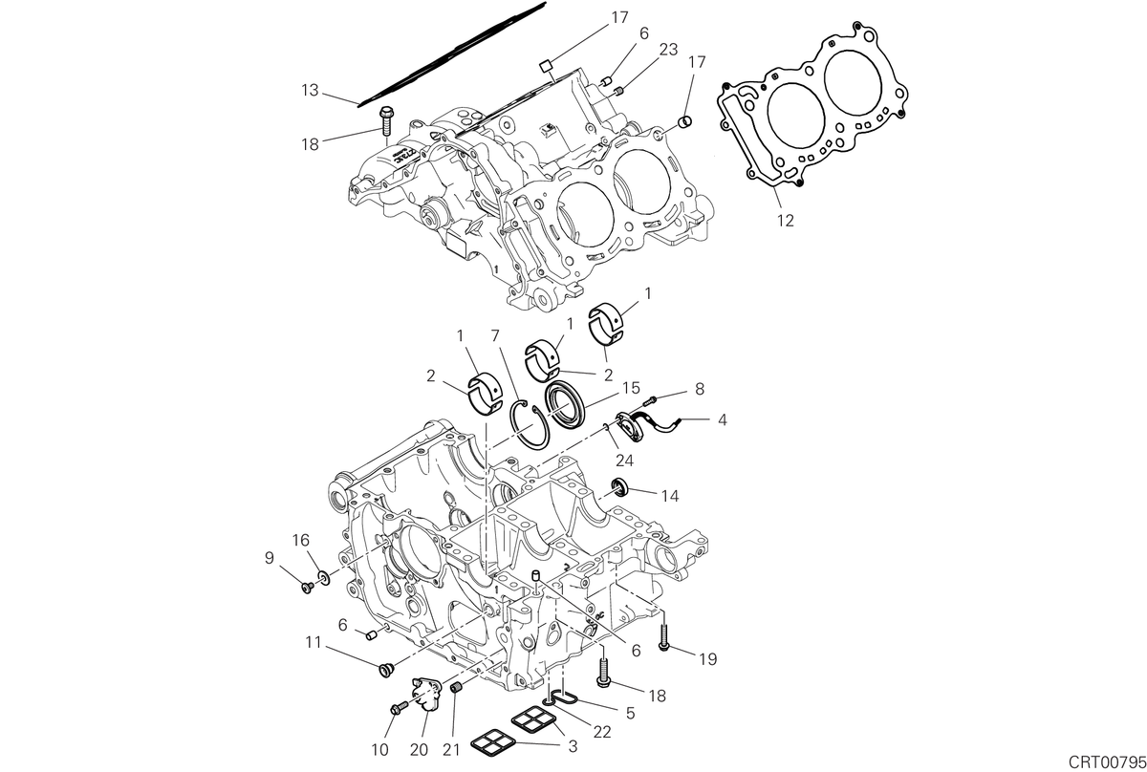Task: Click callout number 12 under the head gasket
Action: pos(785,221)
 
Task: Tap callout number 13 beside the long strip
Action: pos(310,90)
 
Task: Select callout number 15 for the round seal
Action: pos(631,388)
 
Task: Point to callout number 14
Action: pos(670,496)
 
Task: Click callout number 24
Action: pos(624,461)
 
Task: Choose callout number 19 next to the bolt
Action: pos(708,659)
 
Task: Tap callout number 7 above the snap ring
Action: pos(495,335)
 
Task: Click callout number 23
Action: pos(669,49)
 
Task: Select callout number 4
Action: pos(723,419)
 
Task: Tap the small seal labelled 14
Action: pos(620,486)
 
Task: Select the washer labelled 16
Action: pos(324,579)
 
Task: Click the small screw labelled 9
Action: pos(308,588)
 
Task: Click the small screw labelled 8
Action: pos(650,399)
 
